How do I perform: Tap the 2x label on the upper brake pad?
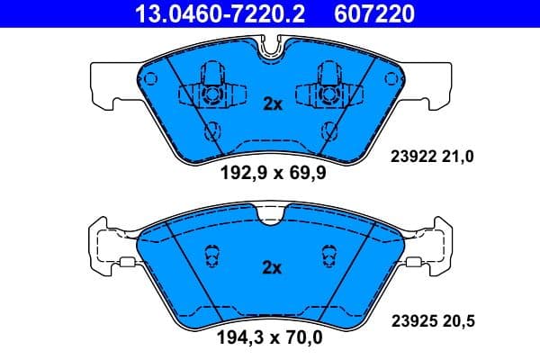tap(272, 103)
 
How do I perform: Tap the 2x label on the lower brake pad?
tap(272, 267)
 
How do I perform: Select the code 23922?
tap(412, 157)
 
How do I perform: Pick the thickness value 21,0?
tap(456, 157)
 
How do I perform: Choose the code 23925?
tap(412, 319)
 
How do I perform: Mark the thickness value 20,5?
tap(456, 319)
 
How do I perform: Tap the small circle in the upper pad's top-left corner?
tap(150, 76)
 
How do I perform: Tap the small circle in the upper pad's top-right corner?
tap(391, 76)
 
